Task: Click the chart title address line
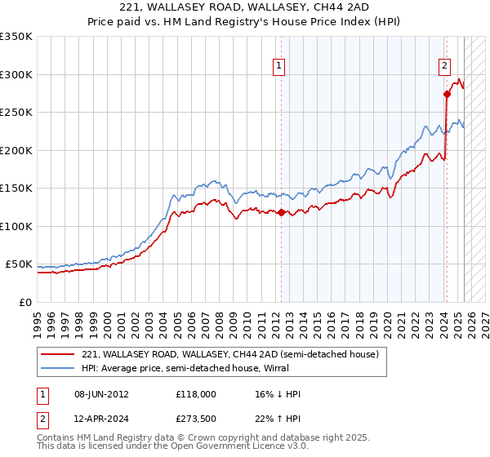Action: pyautogui.click(x=245, y=7)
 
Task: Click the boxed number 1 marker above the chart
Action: pyautogui.click(x=279, y=66)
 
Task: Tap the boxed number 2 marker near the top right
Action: pyautogui.click(x=444, y=66)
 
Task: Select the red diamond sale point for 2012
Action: pyautogui.click(x=282, y=213)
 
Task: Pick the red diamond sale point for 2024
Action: pyautogui.click(x=447, y=94)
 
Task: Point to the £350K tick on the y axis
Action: pyautogui.click(x=16, y=37)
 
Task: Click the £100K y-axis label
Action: pyautogui.click(x=16, y=226)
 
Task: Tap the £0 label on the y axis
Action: pyautogui.click(x=25, y=302)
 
